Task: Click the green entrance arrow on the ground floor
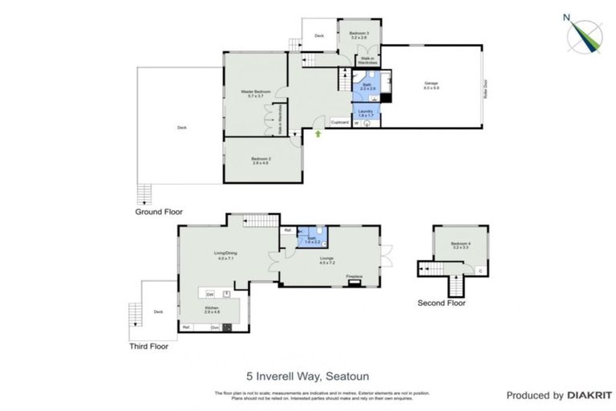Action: tap(319, 134)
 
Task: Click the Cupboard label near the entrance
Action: tap(340, 123)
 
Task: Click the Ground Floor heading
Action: tap(159, 212)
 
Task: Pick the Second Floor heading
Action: tap(441, 303)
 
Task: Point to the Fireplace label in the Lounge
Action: tap(355, 278)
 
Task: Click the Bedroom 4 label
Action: tap(460, 245)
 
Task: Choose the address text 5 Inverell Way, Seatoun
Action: tap(307, 375)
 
